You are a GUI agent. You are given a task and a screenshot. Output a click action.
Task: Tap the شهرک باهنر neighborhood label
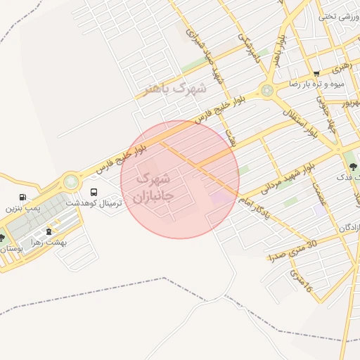175,89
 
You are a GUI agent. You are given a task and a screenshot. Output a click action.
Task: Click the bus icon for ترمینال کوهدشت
94,192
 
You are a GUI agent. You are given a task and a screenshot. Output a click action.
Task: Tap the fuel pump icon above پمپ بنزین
24,198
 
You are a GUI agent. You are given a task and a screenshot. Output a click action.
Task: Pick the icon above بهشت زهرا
49,231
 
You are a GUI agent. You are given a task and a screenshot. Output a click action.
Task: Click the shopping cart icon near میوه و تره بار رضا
316,74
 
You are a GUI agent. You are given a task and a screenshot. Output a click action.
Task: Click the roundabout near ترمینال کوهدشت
71,182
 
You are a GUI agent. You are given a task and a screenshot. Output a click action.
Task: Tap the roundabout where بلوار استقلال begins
266,91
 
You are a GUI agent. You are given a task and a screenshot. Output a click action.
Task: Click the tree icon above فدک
353,167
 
